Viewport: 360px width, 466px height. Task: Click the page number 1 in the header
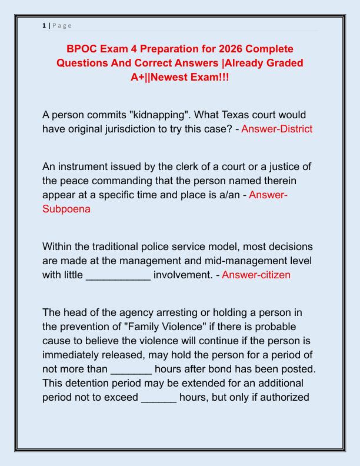[44, 25]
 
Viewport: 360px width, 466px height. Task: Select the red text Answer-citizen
[256, 275]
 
